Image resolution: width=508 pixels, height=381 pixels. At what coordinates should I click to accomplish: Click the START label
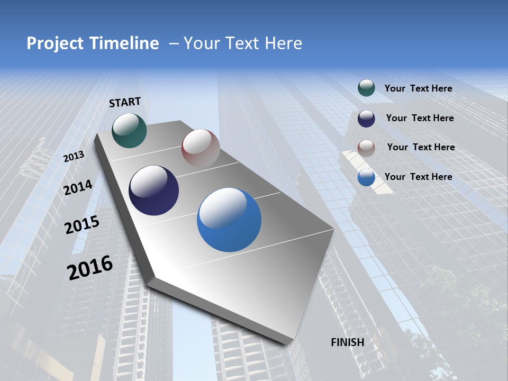pos(125,102)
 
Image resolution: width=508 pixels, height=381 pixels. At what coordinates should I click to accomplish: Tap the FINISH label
pos(348,342)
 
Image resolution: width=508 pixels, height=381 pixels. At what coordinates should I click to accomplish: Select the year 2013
pos(74,157)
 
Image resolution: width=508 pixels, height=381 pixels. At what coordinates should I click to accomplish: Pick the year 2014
pos(78,187)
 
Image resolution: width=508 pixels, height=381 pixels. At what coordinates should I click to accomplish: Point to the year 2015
pos(81,225)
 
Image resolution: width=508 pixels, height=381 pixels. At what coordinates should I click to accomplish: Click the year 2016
pos(90,267)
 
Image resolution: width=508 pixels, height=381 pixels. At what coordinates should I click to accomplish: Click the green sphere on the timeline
pos(129,130)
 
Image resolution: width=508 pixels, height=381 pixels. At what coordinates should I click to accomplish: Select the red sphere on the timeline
pos(201,148)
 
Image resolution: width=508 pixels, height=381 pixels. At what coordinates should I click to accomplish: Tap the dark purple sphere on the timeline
pos(153,190)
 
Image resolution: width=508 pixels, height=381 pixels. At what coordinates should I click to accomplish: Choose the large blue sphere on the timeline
pos(229,220)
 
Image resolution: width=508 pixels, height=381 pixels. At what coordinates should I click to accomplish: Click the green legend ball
pos(366,88)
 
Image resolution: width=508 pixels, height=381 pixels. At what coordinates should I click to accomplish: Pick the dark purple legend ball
pos(366,119)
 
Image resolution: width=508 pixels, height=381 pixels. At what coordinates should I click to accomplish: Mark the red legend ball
pos(366,148)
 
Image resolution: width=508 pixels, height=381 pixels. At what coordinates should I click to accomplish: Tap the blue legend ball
pos(366,178)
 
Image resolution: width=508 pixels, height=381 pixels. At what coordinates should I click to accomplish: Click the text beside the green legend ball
pos(418,88)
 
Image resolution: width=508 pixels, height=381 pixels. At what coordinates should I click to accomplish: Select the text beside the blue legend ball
pos(418,177)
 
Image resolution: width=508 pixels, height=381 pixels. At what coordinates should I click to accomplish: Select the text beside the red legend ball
pos(421,147)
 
